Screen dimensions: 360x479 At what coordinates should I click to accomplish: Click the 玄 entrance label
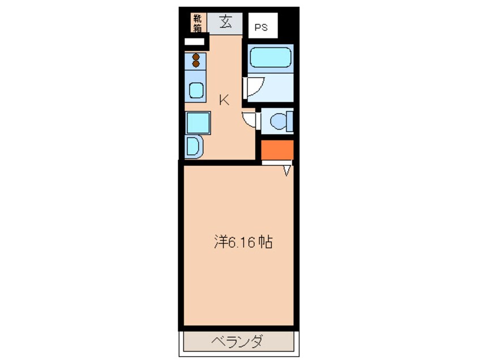click(x=225, y=23)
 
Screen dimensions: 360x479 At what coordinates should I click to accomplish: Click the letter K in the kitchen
click(x=224, y=101)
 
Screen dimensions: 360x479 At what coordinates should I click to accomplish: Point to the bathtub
click(x=270, y=57)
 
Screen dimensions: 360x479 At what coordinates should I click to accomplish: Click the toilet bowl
click(x=279, y=121)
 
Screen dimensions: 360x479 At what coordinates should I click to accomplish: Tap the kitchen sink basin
click(x=196, y=90)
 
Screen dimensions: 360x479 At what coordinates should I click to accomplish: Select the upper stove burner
click(x=196, y=57)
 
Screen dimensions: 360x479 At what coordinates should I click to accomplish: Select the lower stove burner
click(x=196, y=65)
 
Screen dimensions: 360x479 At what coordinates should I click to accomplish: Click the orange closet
click(x=277, y=150)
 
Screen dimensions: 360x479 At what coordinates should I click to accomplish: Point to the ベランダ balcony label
click(x=238, y=342)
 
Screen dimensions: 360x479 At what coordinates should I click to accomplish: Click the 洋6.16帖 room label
click(x=243, y=242)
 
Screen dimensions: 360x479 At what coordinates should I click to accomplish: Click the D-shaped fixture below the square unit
click(x=194, y=147)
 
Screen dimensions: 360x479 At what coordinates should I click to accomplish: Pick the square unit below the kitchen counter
click(x=198, y=122)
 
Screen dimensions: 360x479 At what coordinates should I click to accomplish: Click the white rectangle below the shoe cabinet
click(x=194, y=41)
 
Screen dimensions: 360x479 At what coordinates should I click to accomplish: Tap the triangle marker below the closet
click(x=286, y=169)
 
